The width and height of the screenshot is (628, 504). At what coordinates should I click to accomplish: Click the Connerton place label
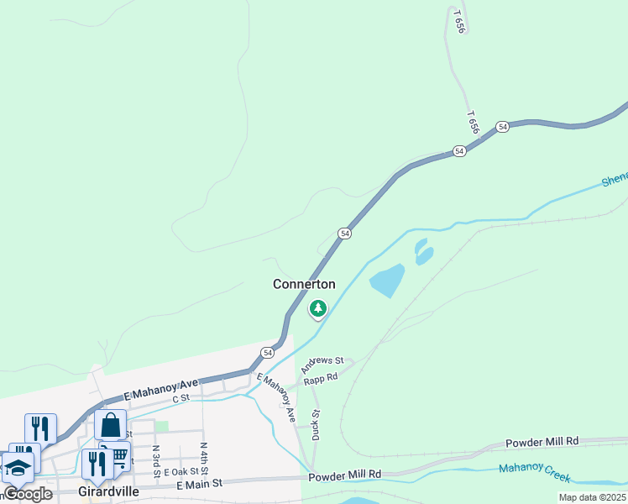click(x=304, y=284)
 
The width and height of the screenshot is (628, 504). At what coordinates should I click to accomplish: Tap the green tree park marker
click(x=317, y=309)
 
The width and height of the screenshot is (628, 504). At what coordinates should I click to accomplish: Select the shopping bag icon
click(x=111, y=425)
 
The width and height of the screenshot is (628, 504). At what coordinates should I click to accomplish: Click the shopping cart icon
click(x=119, y=456)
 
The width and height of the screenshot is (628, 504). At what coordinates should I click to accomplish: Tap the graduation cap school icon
click(x=18, y=467)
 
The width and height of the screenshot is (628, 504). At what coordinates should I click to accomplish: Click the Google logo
click(x=28, y=494)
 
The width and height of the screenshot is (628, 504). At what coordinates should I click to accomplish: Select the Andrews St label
click(x=323, y=365)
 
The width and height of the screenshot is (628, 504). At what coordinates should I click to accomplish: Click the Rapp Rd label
click(x=321, y=378)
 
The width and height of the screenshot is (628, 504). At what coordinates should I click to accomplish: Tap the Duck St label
click(x=317, y=424)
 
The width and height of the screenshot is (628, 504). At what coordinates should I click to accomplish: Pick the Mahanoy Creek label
click(x=534, y=473)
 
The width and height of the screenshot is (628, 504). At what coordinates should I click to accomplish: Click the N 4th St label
click(x=203, y=454)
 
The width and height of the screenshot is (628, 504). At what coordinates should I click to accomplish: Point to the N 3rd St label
click(x=156, y=459)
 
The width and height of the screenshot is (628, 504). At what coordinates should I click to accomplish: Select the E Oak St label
click(x=181, y=472)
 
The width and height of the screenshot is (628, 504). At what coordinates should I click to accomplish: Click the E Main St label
click(x=200, y=483)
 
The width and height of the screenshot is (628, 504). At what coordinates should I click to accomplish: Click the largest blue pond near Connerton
click(x=386, y=281)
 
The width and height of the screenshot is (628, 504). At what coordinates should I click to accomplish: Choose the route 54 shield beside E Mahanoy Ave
click(x=267, y=352)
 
